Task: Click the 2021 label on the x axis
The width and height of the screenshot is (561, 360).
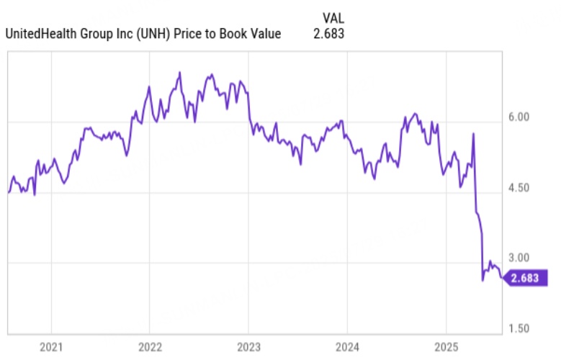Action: [50, 346]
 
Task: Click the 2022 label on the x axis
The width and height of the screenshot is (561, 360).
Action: [149, 346]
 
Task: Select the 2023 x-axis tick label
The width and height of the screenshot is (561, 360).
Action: [248, 346]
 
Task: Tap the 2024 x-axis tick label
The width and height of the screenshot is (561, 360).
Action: [346, 346]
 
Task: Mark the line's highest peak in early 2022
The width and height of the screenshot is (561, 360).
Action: [179, 73]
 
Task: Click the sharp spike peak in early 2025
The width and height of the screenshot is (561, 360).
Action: [473, 134]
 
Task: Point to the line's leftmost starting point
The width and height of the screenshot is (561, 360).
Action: [9, 192]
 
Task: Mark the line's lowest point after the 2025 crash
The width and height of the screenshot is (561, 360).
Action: [483, 280]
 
